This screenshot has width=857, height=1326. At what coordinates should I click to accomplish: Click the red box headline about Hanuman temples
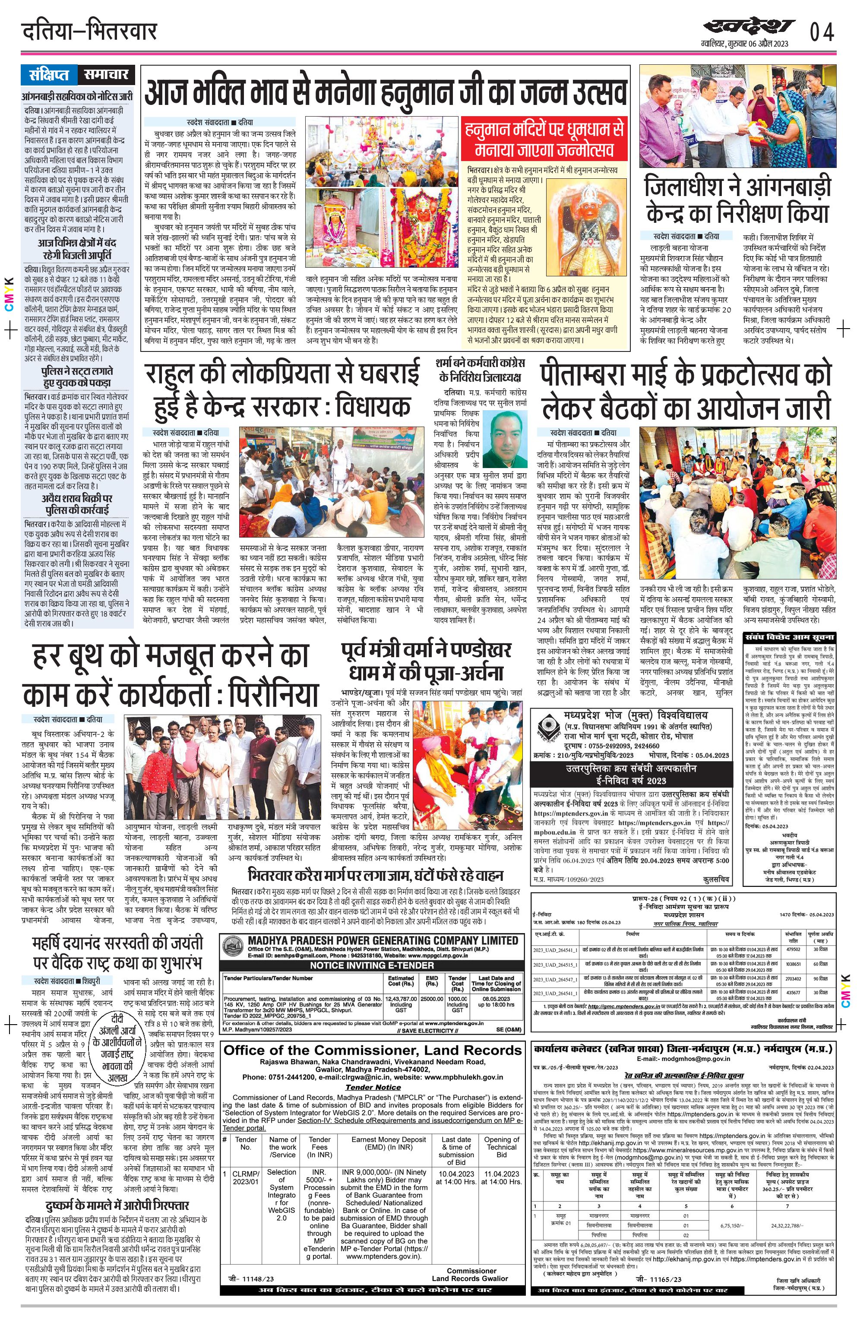point(545,139)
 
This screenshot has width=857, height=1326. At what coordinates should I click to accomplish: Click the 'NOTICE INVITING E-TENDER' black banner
point(372,965)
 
